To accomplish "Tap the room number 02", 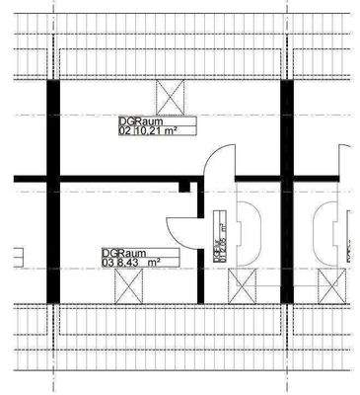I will pos(124,128).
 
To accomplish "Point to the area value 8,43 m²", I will pos(139,263).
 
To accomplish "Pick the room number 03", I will pos(108,263).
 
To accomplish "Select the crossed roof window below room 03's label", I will pos(129,287).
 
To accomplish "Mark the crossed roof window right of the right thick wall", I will pos(329,287).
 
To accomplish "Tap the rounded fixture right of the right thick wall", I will pos(325,232).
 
